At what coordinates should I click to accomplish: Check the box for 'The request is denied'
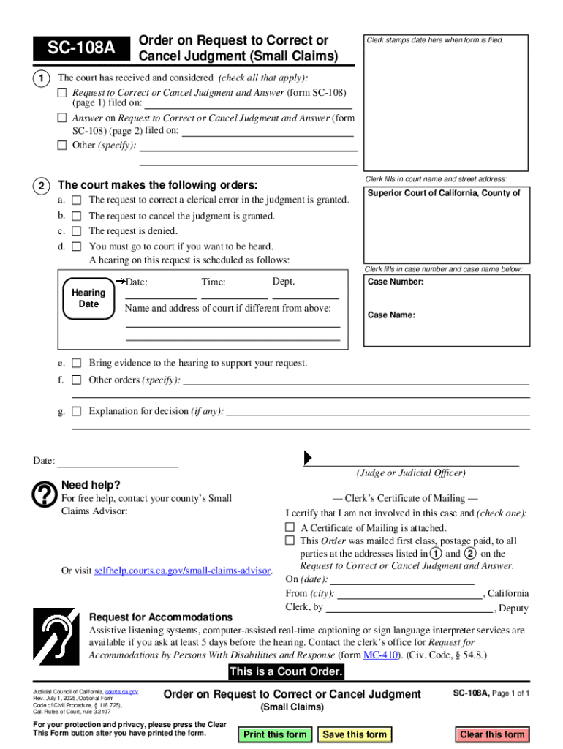tap(77, 231)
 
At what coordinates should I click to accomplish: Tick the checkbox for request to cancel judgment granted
tap(77, 216)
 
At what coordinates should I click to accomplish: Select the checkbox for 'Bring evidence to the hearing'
tap(77, 363)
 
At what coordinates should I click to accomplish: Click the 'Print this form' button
tap(275, 734)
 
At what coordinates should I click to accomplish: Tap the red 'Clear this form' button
tap(492, 734)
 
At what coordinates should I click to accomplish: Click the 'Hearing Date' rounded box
tap(88, 298)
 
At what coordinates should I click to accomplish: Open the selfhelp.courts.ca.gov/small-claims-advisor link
tap(183, 571)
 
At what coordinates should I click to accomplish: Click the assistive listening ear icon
tap(57, 636)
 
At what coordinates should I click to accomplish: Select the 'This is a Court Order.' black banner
tap(285, 672)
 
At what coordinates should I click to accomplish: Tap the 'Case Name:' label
tap(391, 315)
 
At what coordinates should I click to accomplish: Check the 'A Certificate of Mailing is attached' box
tap(290, 527)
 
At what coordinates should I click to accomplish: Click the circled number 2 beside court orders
tap(44, 184)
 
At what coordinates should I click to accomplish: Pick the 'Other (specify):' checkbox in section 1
tap(62, 145)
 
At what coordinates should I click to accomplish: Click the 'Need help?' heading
tap(91, 485)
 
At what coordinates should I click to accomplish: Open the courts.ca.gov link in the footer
tap(121, 691)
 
